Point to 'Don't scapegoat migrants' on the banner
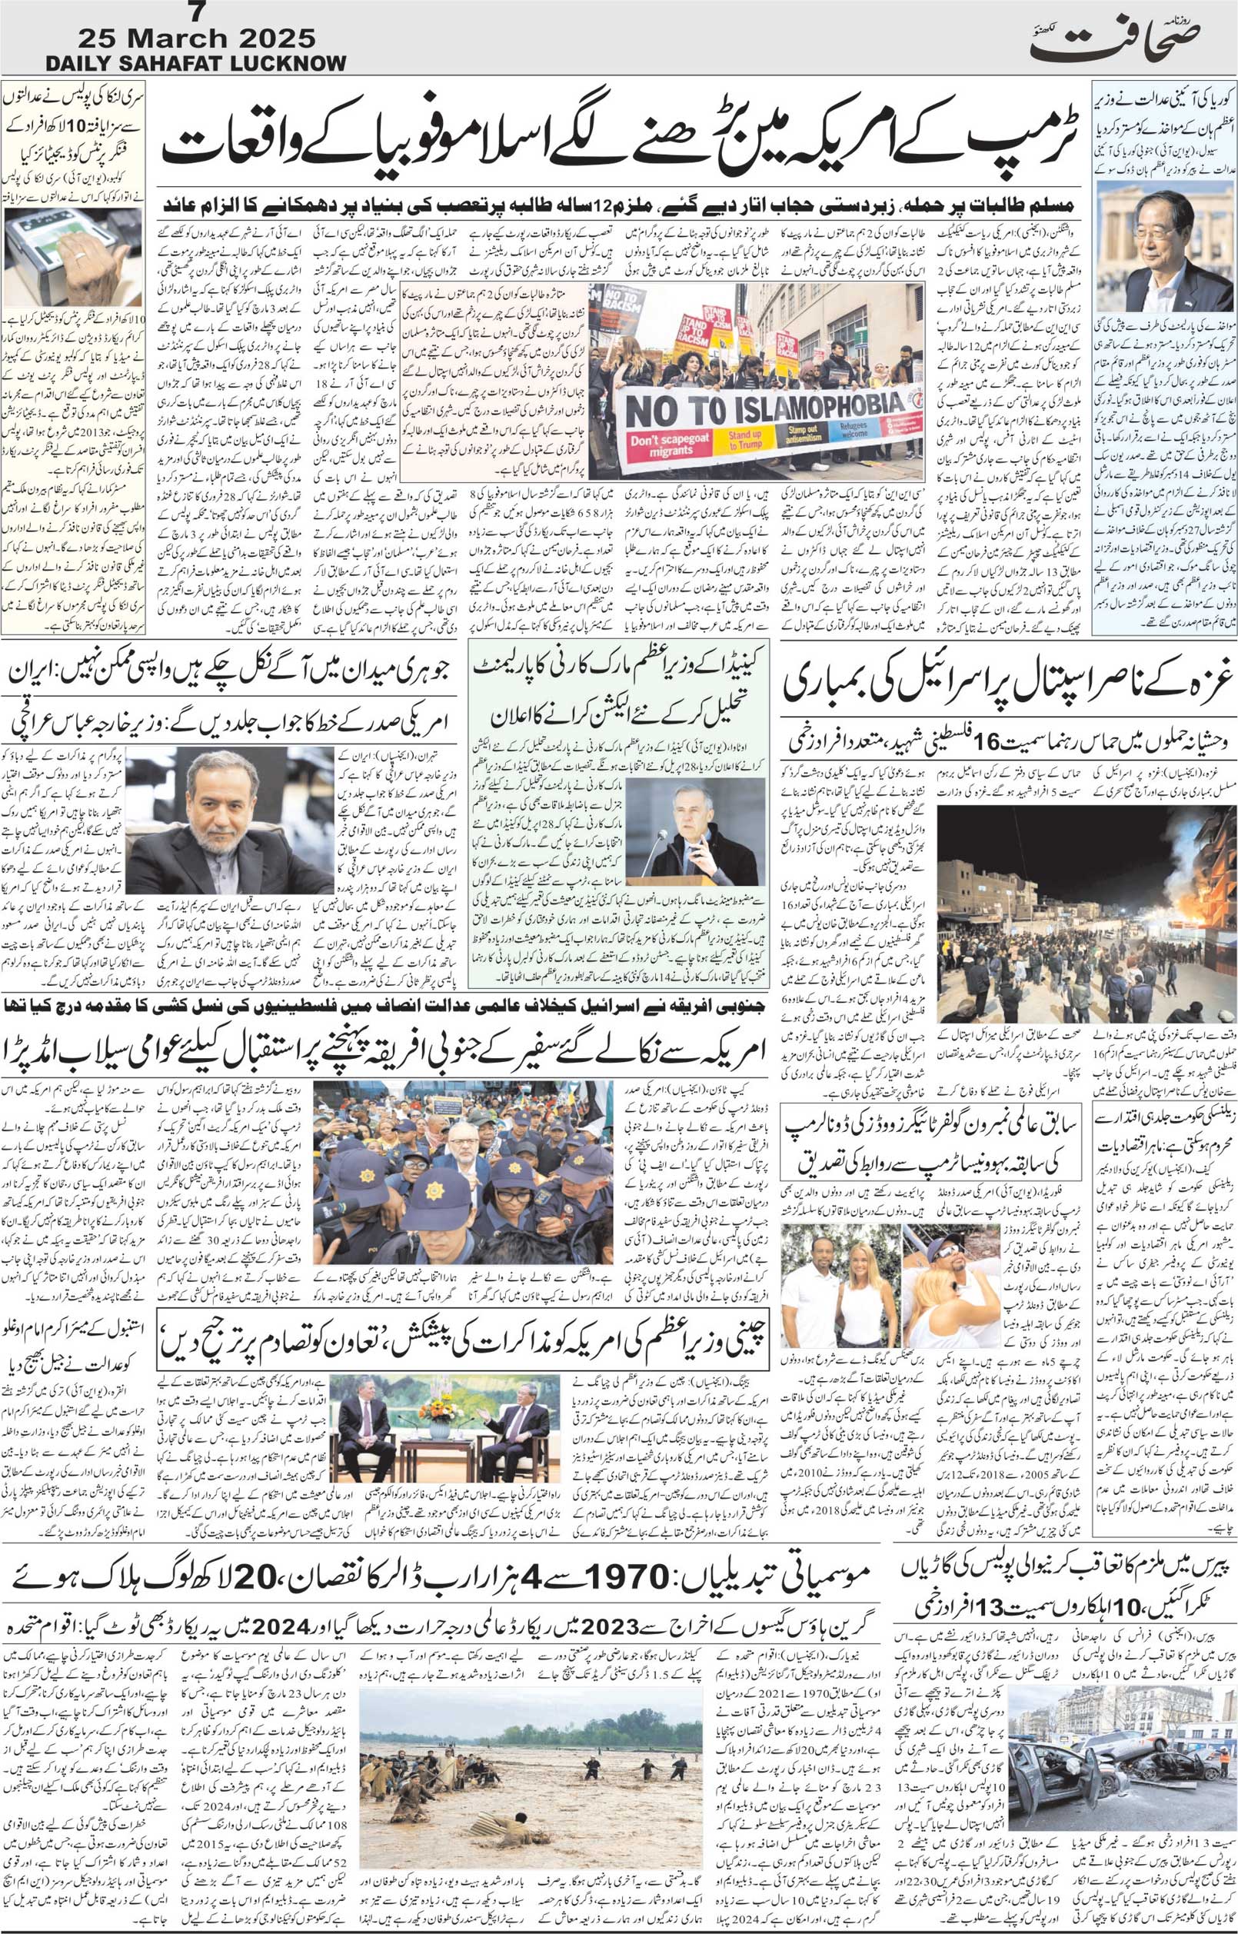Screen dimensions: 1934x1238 click(661, 444)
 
